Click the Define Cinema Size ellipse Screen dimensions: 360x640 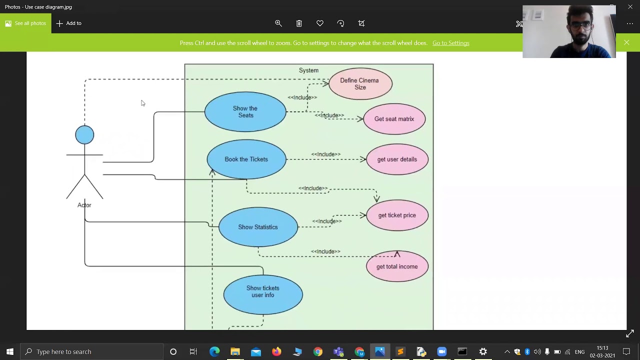coord(360,83)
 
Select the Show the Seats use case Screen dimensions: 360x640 coord(245,111)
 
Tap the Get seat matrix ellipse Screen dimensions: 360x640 coord(394,119)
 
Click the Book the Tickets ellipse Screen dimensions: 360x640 coord(246,159)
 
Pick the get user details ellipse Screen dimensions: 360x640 coord(397,159)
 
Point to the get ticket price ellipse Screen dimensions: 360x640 coord(397,215)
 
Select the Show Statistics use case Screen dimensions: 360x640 coord(258,227)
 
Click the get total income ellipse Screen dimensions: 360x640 coord(397,266)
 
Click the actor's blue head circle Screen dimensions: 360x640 coord(84,135)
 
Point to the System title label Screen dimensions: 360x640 coord(308,70)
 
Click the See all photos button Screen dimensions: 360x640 coord(25,23)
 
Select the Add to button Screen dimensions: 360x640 coord(69,23)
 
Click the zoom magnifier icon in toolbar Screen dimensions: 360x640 coord(278,23)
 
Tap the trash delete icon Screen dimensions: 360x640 coord(299,23)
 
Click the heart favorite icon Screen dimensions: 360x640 coord(320,23)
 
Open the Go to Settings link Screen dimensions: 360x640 coord(450,43)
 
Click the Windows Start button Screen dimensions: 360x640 coord(10,351)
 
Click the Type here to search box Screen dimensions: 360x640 coord(92,351)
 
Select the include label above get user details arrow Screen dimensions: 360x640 coord(325,154)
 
